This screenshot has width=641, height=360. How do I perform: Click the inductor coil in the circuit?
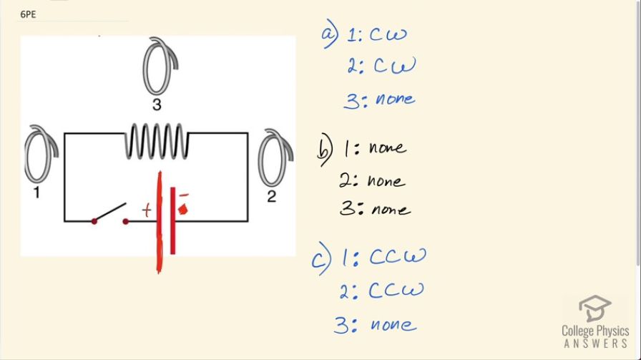tap(157, 141)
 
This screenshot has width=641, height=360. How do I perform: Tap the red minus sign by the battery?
tap(184, 194)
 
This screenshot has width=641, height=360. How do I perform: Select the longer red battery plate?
tap(159, 222)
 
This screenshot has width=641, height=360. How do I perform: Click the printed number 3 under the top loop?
tap(156, 105)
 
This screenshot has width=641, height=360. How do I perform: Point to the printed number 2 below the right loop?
tap(270, 196)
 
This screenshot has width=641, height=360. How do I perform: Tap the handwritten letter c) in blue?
tap(320, 259)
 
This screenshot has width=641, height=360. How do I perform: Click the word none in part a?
tap(394, 99)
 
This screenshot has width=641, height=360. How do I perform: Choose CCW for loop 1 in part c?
tap(398, 256)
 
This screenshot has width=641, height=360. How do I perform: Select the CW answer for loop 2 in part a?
tap(392, 67)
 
